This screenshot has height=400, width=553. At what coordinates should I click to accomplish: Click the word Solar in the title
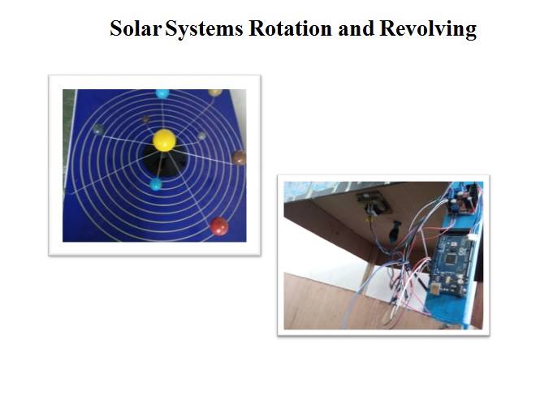click(136, 28)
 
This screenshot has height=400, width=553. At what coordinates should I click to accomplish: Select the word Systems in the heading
click(204, 29)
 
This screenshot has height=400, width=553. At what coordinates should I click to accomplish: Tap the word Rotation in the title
click(290, 28)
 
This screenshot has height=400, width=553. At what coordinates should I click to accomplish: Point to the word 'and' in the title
click(356, 28)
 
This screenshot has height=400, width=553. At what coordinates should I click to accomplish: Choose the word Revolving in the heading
click(428, 29)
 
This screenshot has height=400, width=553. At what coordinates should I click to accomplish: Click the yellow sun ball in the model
click(164, 140)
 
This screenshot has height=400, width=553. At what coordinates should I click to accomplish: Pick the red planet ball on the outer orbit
click(219, 226)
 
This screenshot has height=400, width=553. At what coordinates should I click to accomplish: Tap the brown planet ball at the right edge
click(239, 157)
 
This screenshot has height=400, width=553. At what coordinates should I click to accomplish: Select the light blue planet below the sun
click(156, 184)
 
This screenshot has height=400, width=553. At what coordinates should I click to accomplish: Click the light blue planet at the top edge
click(162, 93)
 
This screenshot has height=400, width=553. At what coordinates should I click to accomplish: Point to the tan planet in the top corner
click(214, 92)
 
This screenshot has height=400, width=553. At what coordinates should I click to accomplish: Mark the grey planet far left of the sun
click(98, 129)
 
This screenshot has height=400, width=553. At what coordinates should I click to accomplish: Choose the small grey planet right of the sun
click(201, 135)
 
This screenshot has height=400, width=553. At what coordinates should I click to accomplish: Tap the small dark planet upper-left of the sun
click(145, 119)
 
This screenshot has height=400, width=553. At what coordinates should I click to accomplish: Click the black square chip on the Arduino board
click(450, 259)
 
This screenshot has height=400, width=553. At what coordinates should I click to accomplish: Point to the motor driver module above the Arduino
click(462, 200)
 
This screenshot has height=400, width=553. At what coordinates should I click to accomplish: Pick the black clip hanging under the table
click(395, 230)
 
